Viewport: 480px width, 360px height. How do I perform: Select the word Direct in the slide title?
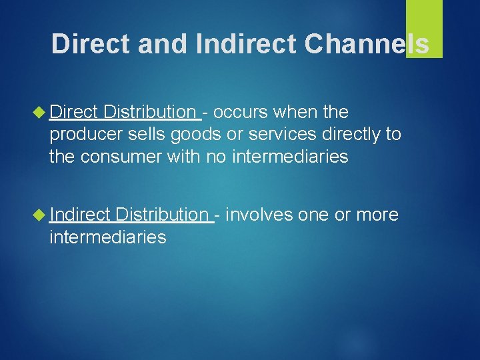click(92, 43)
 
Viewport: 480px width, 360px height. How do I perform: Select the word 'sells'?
click(151, 134)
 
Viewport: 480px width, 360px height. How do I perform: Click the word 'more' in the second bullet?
click(377, 215)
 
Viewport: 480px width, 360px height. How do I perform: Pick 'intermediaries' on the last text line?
click(107, 237)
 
